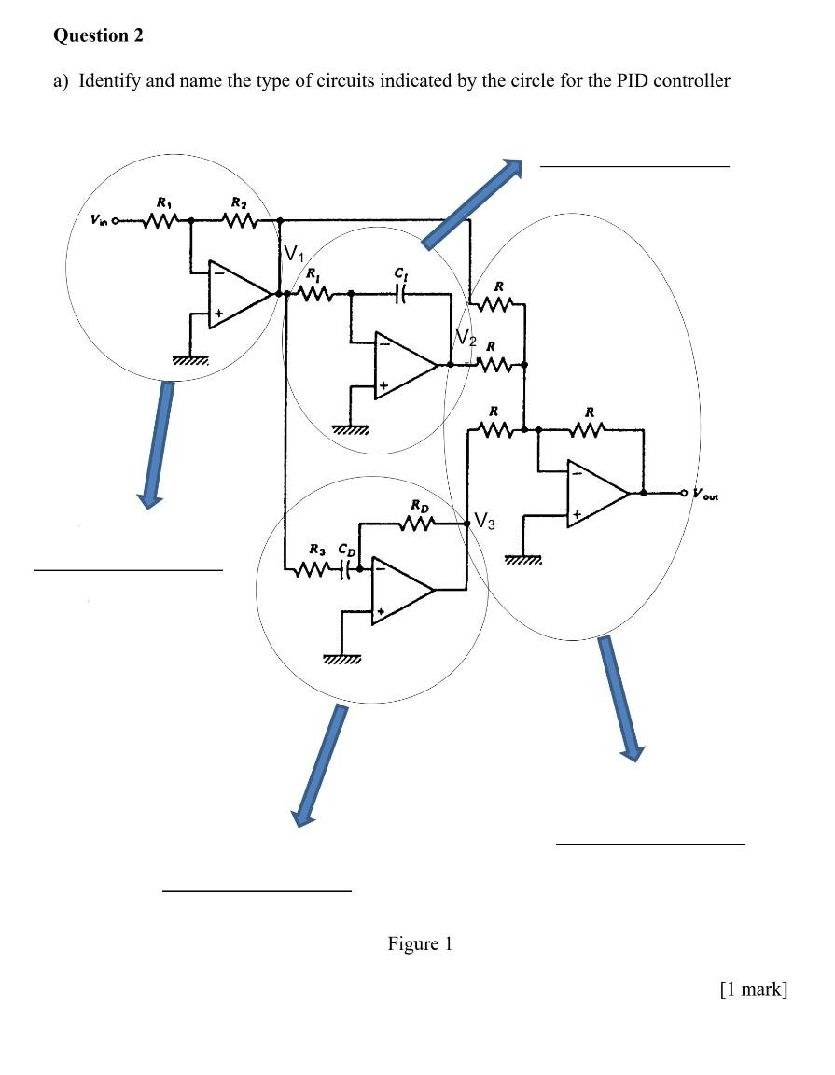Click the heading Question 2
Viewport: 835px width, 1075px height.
(x=99, y=35)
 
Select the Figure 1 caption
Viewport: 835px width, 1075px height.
(x=420, y=943)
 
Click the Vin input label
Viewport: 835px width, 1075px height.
(x=98, y=222)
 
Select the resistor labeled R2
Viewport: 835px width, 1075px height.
(x=240, y=222)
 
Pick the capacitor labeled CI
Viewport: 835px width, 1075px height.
(x=401, y=292)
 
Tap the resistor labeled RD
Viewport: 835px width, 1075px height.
(x=417, y=525)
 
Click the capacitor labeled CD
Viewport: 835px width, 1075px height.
(x=349, y=566)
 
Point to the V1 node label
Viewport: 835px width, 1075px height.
(x=294, y=254)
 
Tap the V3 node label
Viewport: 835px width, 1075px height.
(x=489, y=521)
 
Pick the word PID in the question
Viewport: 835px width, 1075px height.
(x=632, y=80)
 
